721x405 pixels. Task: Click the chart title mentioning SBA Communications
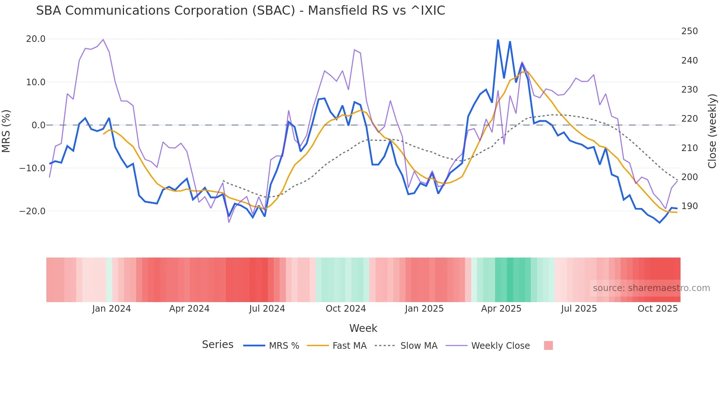click(241, 11)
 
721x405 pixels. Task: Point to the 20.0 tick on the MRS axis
click(36, 39)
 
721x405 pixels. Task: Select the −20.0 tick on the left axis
click(33, 211)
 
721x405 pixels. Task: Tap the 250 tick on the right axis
click(689, 31)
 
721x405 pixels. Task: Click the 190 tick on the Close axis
click(689, 206)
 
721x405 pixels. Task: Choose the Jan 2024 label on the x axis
click(111, 309)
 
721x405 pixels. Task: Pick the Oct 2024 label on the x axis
click(346, 309)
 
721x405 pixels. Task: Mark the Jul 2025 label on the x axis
click(579, 309)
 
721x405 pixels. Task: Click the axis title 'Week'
click(363, 328)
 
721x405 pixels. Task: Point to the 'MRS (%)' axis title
click(6, 131)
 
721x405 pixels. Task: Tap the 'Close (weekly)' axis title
click(712, 131)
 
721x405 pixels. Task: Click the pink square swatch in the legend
click(548, 345)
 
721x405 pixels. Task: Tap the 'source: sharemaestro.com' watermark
click(651, 288)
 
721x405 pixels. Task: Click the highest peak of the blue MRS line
click(498, 40)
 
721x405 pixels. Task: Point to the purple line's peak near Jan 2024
click(103, 39)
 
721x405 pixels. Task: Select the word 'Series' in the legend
click(217, 345)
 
